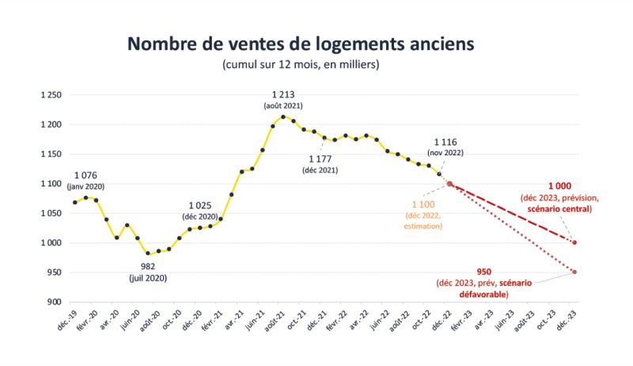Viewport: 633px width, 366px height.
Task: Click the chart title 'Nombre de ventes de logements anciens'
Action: click(316, 43)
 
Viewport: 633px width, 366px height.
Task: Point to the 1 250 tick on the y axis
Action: click(50, 95)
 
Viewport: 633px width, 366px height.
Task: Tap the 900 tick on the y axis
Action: click(53, 302)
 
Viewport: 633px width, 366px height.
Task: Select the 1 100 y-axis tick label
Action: click(50, 184)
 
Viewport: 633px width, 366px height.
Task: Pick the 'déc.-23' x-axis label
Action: click(567, 318)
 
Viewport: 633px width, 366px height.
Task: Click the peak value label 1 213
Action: click(283, 94)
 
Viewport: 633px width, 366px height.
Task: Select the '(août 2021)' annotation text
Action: click(283, 105)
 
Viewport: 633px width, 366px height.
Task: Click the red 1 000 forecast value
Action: click(560, 185)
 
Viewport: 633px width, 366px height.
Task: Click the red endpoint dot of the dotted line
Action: click(574, 272)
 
